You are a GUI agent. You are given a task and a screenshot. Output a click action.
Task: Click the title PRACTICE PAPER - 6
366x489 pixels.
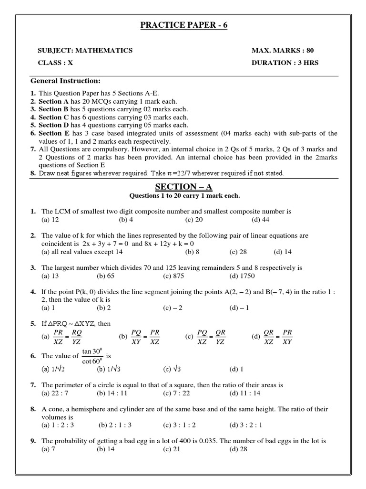pyautogui.click(x=183, y=25)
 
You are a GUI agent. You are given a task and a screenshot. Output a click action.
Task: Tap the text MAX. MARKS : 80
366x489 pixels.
pyautogui.click(x=283, y=51)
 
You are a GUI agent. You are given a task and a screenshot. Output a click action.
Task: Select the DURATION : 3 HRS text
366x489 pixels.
pyautogui.click(x=285, y=63)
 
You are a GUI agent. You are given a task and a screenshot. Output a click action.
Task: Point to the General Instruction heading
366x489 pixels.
pyautogui.click(x=65, y=81)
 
